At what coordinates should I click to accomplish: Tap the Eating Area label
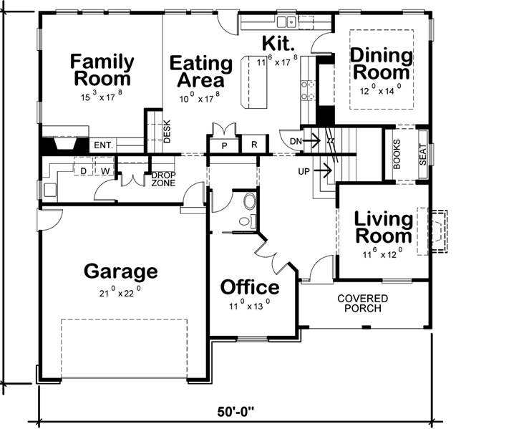(x=201, y=72)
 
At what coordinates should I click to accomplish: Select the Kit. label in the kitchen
(x=276, y=42)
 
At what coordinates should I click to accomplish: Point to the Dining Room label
(x=382, y=64)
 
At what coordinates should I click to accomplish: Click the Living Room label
(x=384, y=227)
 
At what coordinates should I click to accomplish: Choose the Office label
(x=250, y=287)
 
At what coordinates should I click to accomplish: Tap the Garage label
(x=120, y=271)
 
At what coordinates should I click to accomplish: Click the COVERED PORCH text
(x=363, y=304)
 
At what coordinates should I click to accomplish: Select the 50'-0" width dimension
(x=237, y=413)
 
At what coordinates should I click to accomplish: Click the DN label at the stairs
(x=294, y=141)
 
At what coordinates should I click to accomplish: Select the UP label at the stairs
(x=304, y=171)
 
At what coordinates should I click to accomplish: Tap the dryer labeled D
(x=83, y=171)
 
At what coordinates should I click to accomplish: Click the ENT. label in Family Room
(x=102, y=145)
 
